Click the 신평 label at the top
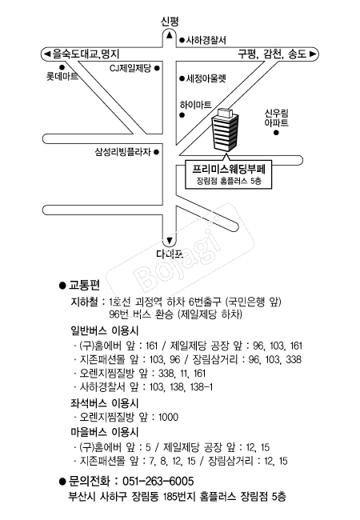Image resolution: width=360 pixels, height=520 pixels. click(170, 22)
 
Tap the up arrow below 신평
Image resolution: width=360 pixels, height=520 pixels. click(170, 35)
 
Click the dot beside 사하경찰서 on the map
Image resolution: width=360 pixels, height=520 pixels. click(182, 41)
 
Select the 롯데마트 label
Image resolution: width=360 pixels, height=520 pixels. click(62, 77)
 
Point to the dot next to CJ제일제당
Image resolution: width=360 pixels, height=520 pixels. click(157, 68)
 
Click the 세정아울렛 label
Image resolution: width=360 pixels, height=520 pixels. click(206, 78)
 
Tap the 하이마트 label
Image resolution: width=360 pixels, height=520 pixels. click(195, 105)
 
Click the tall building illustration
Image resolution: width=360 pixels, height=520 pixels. click(225, 129)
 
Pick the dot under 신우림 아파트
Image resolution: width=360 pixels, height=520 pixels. click(276, 133)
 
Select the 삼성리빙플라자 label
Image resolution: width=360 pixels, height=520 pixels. click(122, 152)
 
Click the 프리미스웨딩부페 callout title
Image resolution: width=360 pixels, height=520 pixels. click(229, 169)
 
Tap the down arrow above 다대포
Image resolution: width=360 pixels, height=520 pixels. click(170, 241)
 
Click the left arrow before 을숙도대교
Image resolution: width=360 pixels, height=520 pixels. click(46, 54)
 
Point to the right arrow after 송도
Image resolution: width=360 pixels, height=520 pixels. click(312, 54)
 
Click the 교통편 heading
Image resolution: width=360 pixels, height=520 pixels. click(84, 285)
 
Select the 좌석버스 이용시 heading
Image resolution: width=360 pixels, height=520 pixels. click(105, 403)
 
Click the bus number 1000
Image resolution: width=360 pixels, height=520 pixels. click(168, 417)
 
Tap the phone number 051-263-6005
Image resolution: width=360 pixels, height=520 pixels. click(158, 481)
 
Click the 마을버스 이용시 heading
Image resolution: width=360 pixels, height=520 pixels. click(105, 432)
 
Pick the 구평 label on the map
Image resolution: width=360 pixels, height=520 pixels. click(247, 54)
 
